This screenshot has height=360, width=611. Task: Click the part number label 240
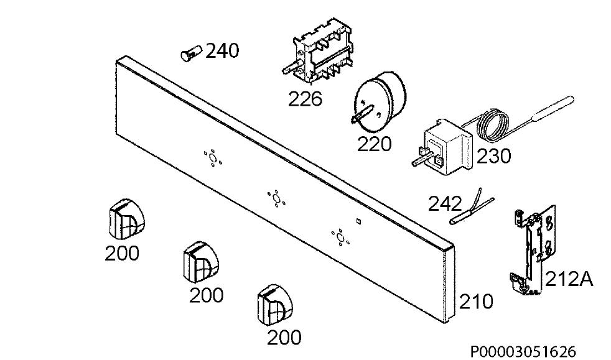pyautogui.click(x=222, y=51)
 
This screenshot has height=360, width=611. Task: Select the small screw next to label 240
pyautogui.click(x=191, y=53)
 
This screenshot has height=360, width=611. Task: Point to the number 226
pyautogui.click(x=305, y=99)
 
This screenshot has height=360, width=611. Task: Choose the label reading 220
pyautogui.click(x=374, y=144)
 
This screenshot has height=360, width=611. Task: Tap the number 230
pyautogui.click(x=493, y=157)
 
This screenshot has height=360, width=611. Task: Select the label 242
pyautogui.click(x=445, y=204)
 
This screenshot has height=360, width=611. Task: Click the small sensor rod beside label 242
pyautogui.click(x=472, y=208)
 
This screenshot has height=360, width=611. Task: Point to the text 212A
pyautogui.click(x=569, y=279)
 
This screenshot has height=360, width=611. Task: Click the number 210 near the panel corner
pyautogui.click(x=476, y=302)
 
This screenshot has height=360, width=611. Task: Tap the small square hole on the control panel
pyautogui.click(x=358, y=221)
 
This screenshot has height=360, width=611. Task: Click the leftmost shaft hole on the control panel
pyautogui.click(x=213, y=158)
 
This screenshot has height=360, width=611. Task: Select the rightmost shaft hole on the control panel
pyautogui.click(x=340, y=238)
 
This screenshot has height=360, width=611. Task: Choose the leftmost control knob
pyautogui.click(x=126, y=219)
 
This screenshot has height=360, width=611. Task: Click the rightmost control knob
pyautogui.click(x=274, y=305)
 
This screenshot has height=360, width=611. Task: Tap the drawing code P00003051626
pyautogui.click(x=523, y=352)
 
